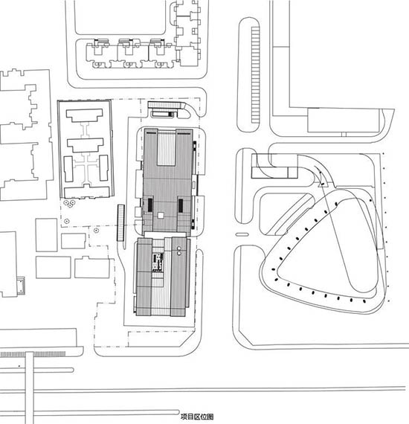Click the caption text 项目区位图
(197, 417)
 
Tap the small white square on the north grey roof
(161, 215)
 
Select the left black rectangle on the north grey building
(149, 205)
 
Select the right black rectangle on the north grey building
(181, 205)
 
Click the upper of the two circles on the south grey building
(178, 248)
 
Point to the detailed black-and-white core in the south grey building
(158, 262)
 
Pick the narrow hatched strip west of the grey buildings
(120, 222)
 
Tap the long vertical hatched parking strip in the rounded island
(255, 74)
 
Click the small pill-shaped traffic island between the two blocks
(242, 234)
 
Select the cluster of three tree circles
(69, 203)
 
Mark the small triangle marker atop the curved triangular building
(322, 184)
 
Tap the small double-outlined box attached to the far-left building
(21, 286)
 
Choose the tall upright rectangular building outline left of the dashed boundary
(47, 235)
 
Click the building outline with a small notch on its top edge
(92, 268)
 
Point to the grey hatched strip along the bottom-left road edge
(33, 354)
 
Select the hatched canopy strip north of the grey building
(165, 105)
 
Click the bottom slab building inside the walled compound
(87, 191)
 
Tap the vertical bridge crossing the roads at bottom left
(29, 388)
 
